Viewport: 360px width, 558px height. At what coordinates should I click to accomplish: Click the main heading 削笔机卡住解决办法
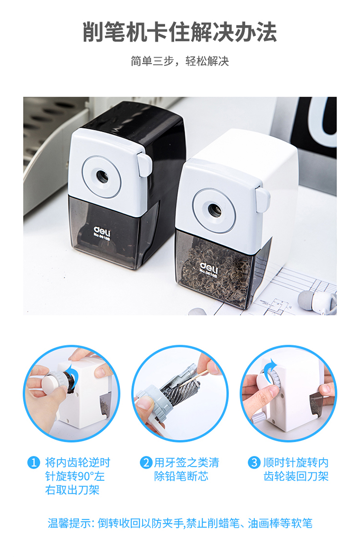[180, 32]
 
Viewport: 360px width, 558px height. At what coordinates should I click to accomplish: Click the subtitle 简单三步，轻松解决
[180, 61]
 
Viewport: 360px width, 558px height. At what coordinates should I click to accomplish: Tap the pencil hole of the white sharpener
[214, 210]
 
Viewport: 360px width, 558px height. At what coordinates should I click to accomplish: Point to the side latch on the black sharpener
[144, 164]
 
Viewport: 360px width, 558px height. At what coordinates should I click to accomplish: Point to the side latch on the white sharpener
[263, 200]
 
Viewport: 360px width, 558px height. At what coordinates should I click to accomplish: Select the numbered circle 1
[34, 462]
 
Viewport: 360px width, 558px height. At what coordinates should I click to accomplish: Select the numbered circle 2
[146, 462]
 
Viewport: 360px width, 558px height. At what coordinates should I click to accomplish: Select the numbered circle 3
[254, 462]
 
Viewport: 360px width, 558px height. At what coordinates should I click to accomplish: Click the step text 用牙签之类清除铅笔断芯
[186, 469]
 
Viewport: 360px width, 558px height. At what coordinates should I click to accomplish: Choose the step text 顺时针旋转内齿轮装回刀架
[296, 469]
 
